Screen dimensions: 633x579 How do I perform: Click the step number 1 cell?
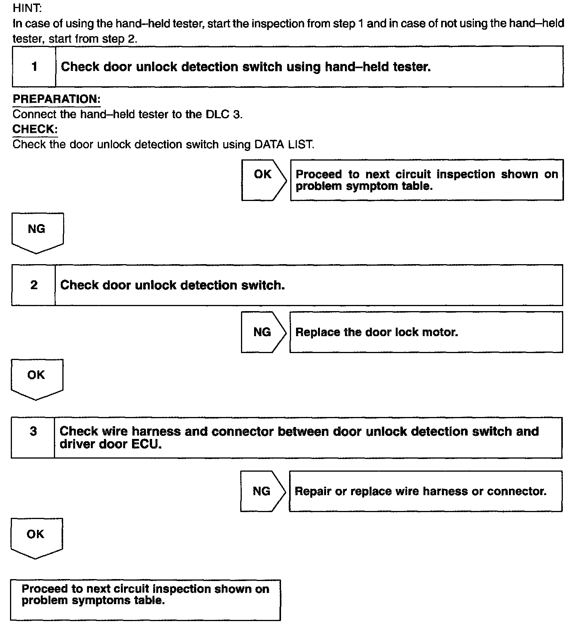(x=34, y=67)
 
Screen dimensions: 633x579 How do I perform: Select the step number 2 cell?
(x=34, y=285)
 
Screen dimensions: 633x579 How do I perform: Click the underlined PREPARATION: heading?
(x=56, y=99)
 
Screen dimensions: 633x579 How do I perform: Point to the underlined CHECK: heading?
(x=35, y=129)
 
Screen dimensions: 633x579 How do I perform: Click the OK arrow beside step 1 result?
(x=263, y=179)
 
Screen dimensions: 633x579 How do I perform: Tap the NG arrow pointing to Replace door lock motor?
(x=263, y=332)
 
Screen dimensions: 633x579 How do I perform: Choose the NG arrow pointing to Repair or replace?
(x=262, y=491)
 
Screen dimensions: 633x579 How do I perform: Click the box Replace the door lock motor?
(x=426, y=332)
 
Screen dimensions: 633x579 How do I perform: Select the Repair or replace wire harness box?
(x=425, y=491)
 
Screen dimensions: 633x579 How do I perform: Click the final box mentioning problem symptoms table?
(x=146, y=600)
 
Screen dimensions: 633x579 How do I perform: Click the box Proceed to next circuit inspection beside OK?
(x=427, y=180)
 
